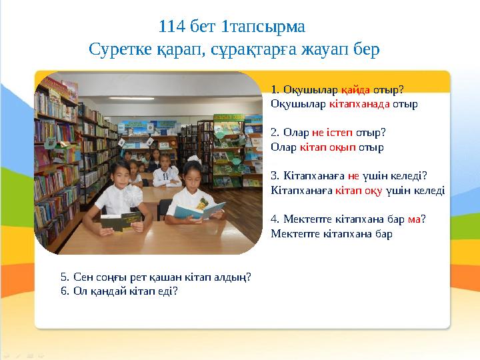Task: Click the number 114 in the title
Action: point(172,26)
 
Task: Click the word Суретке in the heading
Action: point(120,49)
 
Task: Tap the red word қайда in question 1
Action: point(355,90)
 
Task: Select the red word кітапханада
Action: point(359,104)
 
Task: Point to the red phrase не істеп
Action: point(332,133)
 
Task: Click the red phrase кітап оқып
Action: point(327,147)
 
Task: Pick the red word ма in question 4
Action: point(414,219)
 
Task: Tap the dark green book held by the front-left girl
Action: point(121,221)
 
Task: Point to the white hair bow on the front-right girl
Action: point(194,159)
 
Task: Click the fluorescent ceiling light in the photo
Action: point(131,98)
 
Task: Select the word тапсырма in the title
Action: point(267,27)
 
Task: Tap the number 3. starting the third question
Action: point(275,176)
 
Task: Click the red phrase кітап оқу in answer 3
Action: point(359,191)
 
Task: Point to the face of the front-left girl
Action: point(120,175)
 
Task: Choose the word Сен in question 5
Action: point(83,277)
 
